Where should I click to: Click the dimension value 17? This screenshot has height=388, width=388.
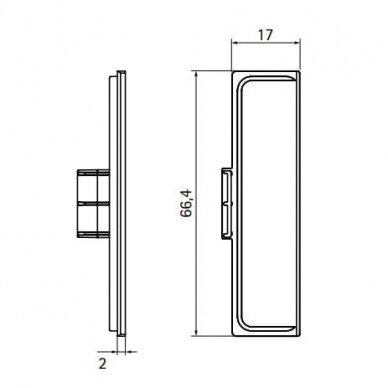click(265, 35)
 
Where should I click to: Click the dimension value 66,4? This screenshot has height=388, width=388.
click(186, 203)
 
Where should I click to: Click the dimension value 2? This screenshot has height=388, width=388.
click(103, 363)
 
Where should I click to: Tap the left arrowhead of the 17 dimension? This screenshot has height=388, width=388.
click(235, 42)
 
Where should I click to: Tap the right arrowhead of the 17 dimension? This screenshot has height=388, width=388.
click(297, 42)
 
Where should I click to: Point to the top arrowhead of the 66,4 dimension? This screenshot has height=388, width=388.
click(197, 75)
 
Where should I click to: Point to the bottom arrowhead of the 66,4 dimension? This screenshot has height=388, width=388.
click(197, 331)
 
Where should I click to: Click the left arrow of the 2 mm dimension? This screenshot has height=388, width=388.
click(113, 351)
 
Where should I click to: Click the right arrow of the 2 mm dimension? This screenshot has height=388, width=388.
click(130, 351)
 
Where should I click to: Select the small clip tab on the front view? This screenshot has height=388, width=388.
click(227, 204)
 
